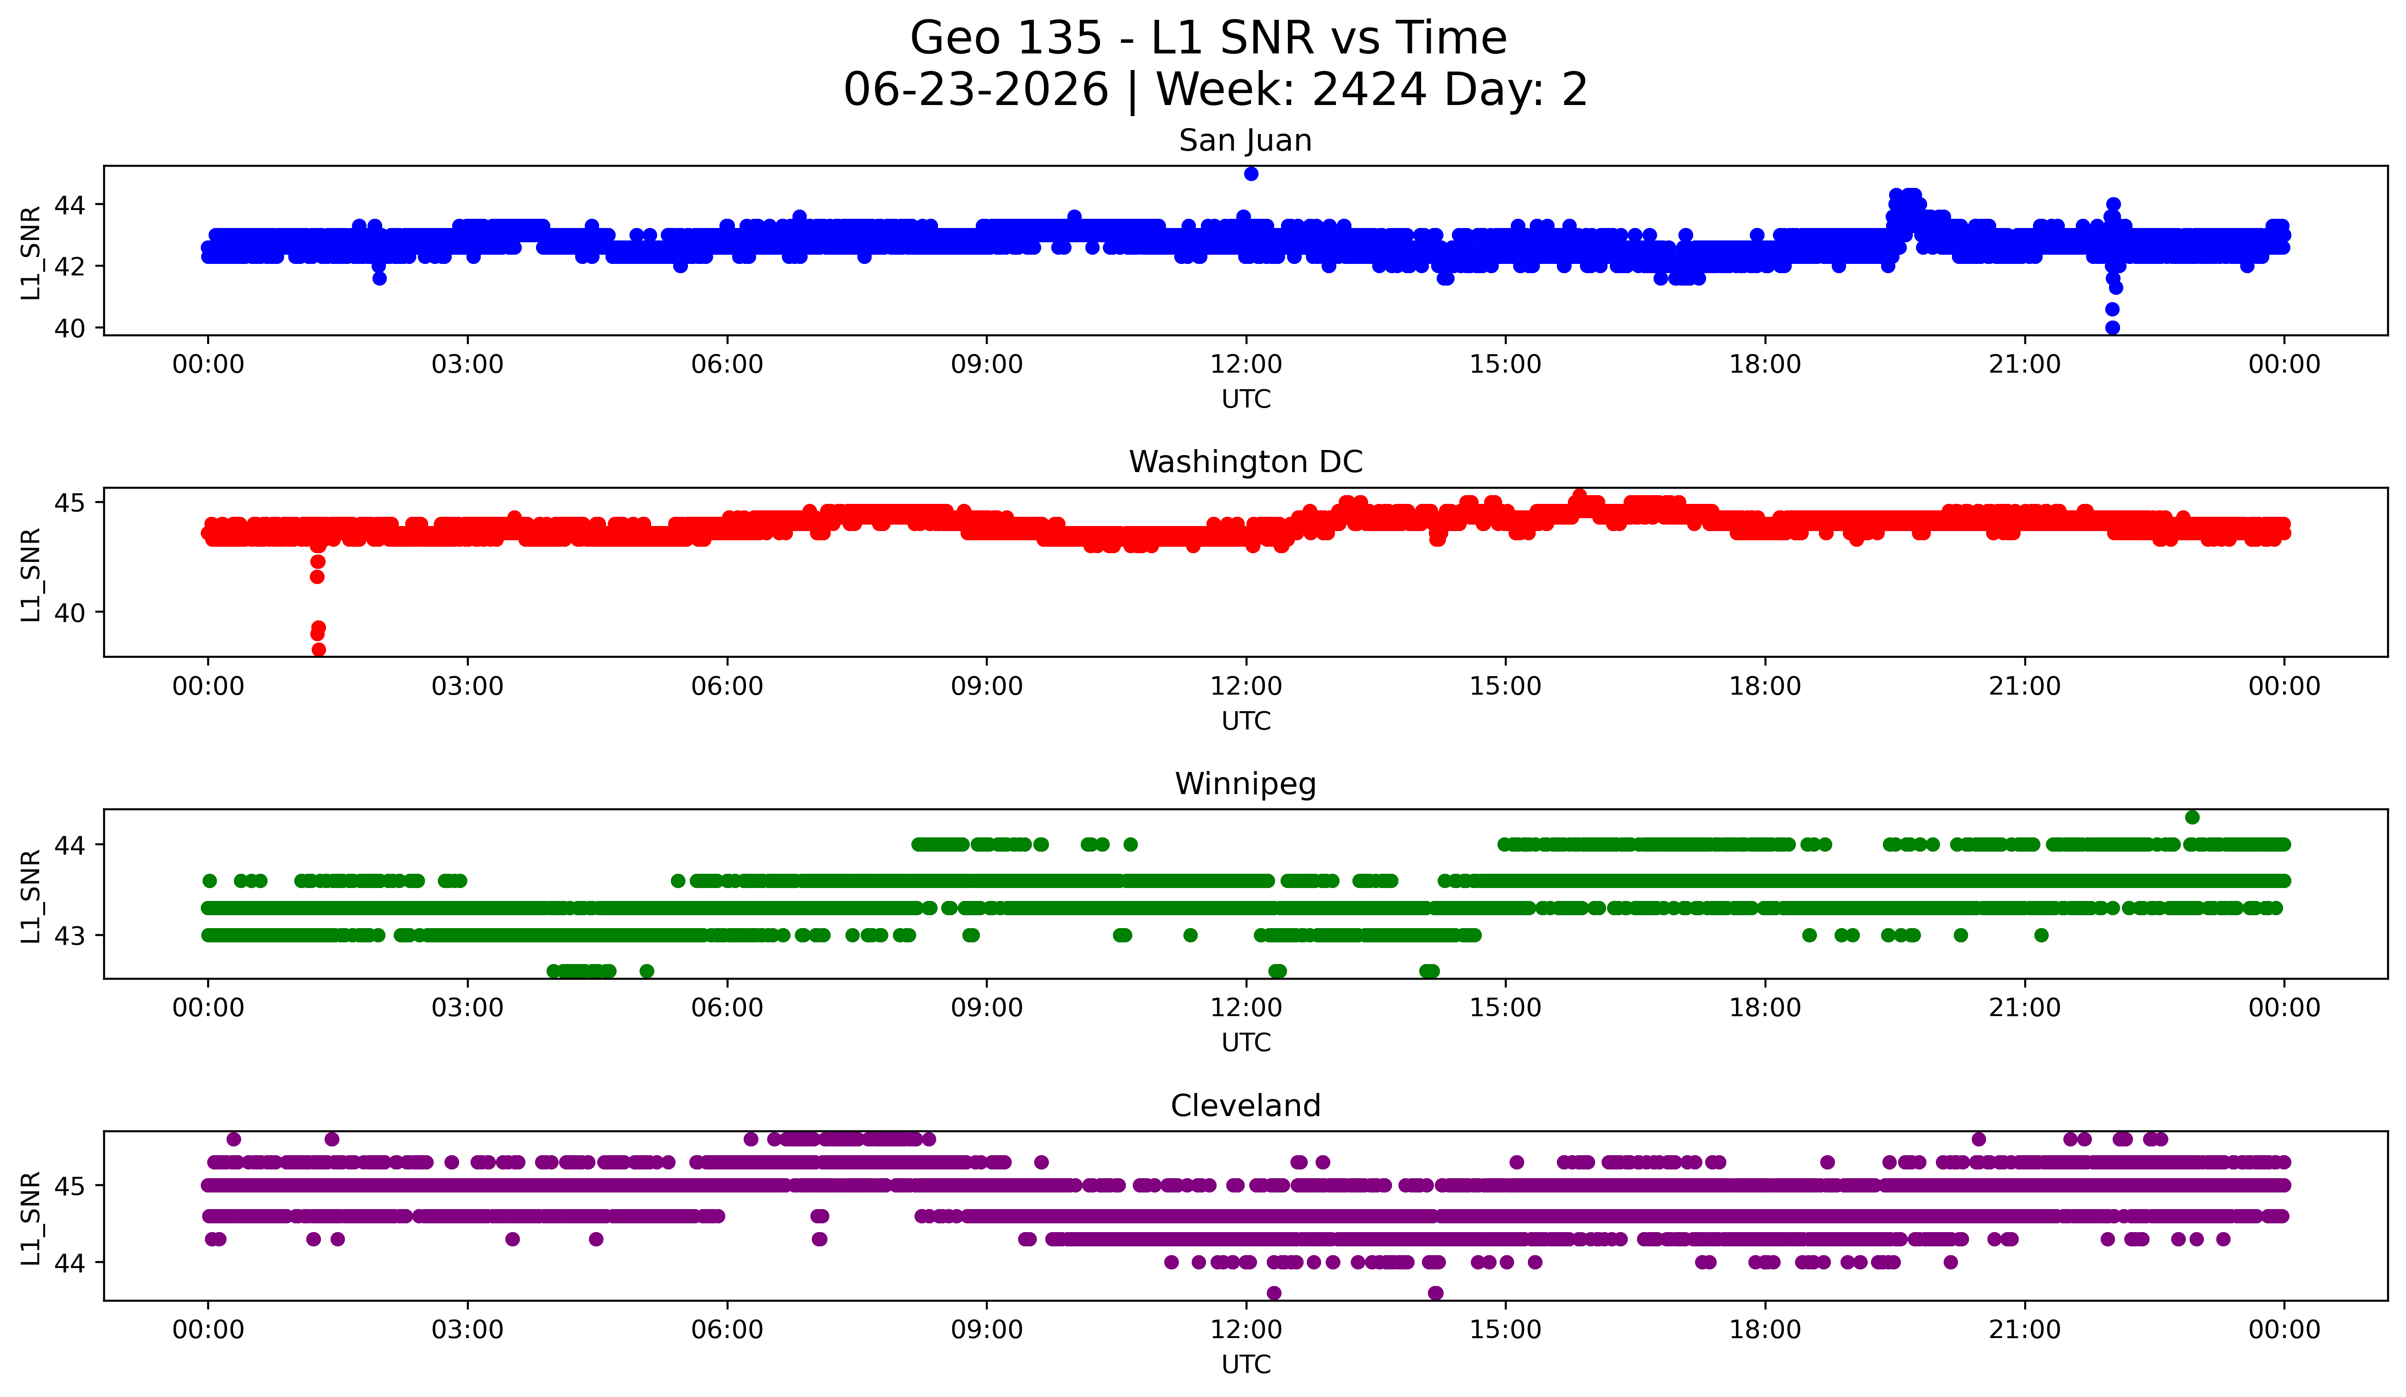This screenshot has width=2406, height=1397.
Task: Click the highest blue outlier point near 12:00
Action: tap(1251, 174)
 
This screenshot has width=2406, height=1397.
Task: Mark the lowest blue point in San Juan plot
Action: tap(2112, 327)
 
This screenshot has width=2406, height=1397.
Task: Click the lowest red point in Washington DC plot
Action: tap(319, 649)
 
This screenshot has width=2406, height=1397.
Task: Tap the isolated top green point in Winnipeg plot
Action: tap(2192, 818)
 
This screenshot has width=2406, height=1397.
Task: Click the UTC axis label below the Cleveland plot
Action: tap(1246, 1365)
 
